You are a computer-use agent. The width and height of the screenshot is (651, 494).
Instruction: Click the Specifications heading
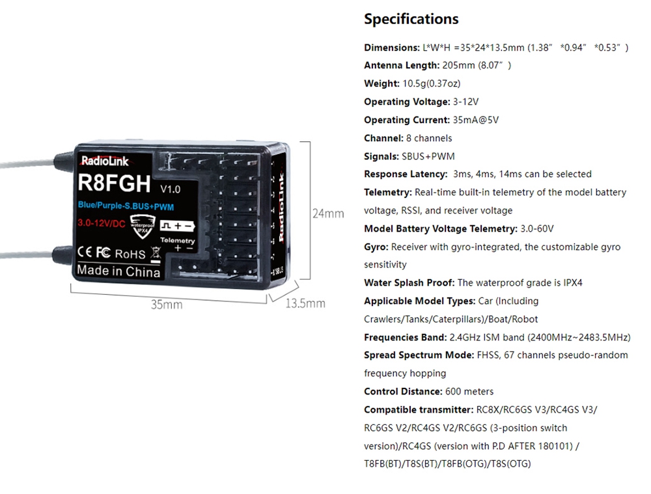tap(411, 19)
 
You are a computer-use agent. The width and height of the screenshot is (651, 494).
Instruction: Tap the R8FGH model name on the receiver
tap(114, 183)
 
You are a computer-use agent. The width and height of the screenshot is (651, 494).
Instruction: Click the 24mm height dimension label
tap(328, 213)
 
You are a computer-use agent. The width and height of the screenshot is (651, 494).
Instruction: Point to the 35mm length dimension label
tap(167, 305)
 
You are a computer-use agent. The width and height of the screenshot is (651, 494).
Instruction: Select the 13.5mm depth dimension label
tap(305, 303)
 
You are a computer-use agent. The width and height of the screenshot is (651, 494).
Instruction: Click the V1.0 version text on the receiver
tap(170, 189)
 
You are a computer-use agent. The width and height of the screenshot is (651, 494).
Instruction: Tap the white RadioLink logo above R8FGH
tap(105, 161)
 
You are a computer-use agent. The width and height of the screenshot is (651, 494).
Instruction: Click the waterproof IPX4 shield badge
tap(143, 226)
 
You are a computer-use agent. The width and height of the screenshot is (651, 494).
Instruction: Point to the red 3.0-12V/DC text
tap(102, 223)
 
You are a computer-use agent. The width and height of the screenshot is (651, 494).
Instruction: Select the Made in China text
tap(118, 271)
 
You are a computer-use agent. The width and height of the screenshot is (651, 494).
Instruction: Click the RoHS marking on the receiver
tap(130, 254)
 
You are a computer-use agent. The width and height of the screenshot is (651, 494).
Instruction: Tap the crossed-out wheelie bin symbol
tap(156, 254)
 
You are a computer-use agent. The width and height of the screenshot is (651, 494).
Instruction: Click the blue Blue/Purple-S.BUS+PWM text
tap(126, 206)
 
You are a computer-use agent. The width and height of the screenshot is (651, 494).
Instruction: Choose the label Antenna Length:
tap(402, 65)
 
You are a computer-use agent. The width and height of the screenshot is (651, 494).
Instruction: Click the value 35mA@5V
tap(476, 120)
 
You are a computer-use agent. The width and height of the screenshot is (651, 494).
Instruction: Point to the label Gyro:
tap(376, 247)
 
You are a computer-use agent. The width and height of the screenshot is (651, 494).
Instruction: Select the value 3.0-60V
tap(537, 228)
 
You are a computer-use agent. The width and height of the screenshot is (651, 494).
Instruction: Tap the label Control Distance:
tap(403, 391)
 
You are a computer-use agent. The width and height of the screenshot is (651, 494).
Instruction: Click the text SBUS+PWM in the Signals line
tap(428, 156)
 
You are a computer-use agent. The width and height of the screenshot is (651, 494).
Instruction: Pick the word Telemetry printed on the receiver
tap(178, 240)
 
